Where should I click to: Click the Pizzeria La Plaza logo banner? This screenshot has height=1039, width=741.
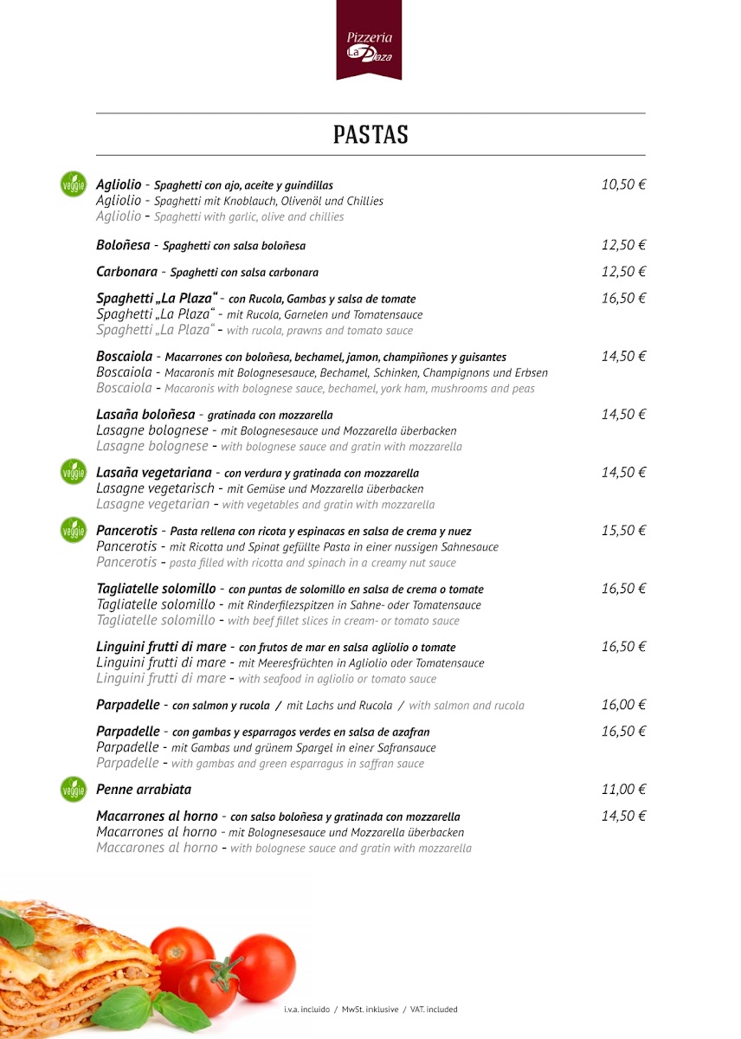369,39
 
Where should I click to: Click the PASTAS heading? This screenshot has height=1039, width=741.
370,135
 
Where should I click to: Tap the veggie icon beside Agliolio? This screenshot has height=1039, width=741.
74,184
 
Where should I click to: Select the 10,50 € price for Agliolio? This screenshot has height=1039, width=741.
624,184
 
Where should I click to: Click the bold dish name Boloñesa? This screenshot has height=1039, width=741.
123,245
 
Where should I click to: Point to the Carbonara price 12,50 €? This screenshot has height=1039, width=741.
624,272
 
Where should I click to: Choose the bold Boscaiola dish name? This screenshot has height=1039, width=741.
125,357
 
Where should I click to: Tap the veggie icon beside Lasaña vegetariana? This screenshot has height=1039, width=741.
74,472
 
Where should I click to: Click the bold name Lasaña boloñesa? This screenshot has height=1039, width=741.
145,415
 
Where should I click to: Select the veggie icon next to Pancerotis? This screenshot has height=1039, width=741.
74,530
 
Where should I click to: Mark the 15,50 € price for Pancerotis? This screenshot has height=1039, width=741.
624,531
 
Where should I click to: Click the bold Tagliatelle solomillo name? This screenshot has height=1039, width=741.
156,589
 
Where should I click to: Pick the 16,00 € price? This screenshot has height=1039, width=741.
624,706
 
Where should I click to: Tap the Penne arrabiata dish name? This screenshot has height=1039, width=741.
144,790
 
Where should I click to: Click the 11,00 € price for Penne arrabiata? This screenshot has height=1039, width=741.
624,790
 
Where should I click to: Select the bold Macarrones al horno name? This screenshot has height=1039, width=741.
156,816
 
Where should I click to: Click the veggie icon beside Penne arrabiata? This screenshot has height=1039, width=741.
74,790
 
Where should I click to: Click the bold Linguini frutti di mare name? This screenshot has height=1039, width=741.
161,647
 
